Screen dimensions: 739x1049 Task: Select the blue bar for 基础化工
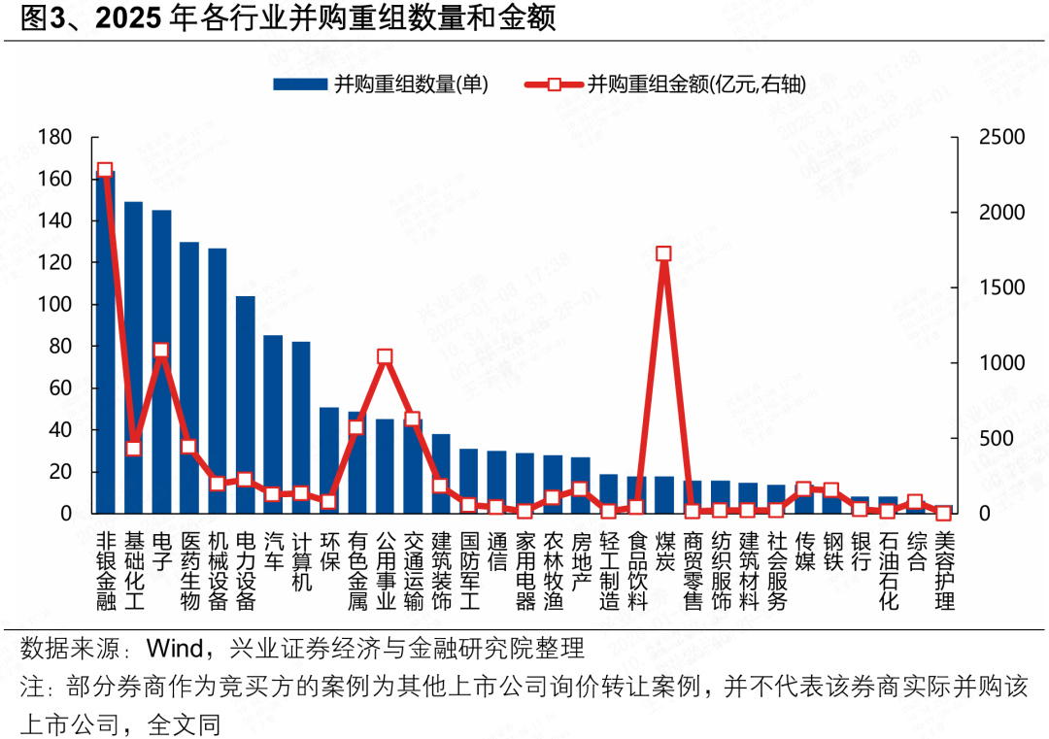133,359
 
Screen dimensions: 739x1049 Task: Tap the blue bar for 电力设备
246,408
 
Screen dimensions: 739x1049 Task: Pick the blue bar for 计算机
301,427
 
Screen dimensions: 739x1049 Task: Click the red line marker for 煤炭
664,253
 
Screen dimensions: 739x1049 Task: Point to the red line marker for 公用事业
385,357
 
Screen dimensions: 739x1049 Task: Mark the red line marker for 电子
161,351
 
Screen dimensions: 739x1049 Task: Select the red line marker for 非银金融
105,171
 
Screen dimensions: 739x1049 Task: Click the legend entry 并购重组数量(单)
381,84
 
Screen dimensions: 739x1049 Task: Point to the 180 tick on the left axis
55,138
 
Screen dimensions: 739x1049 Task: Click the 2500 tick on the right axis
1001,138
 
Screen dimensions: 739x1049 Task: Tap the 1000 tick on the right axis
1001,363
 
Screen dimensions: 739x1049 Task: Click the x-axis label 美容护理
944,571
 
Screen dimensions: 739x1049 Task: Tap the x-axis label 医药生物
189,571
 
